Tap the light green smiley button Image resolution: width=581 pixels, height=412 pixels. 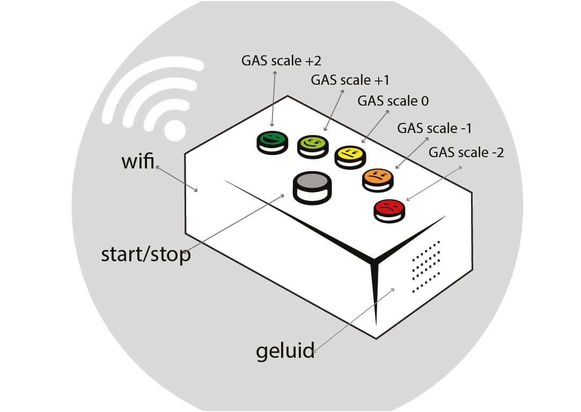coord(312,143)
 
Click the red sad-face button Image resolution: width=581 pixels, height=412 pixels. coord(389,207)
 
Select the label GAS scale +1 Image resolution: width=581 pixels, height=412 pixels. coord(350,80)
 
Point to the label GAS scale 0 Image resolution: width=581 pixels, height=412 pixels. coord(393,101)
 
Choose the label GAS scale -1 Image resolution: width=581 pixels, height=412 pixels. coord(435,129)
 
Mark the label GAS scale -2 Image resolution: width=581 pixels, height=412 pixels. coord(466,152)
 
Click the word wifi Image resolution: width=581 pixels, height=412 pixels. coord(138,161)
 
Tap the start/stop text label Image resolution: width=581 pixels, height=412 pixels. coord(146,254)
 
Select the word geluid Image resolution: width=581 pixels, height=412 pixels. coord(285,351)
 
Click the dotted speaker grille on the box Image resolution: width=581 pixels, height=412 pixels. coord(426,267)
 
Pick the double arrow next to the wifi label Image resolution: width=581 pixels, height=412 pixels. coord(177,178)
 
